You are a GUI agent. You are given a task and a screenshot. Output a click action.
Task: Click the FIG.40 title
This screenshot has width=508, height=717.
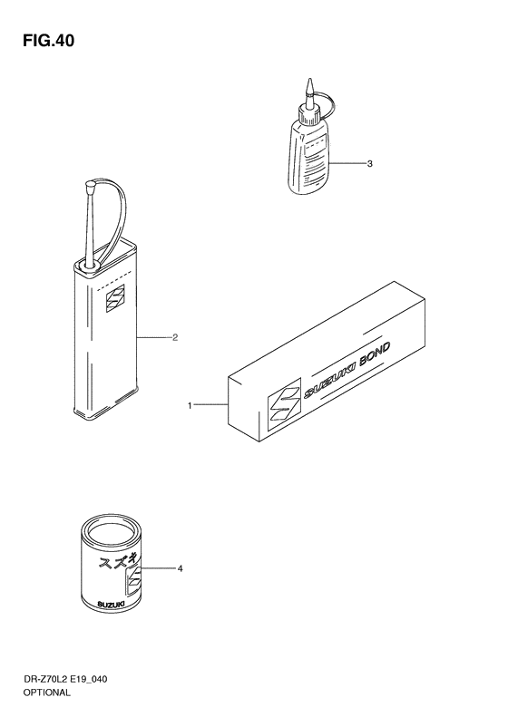[48, 41]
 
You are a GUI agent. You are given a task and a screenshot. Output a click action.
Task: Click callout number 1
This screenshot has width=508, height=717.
[190, 405]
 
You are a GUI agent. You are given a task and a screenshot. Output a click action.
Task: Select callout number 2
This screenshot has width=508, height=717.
[175, 338]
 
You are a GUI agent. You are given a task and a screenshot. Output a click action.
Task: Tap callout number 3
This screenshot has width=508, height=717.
[370, 164]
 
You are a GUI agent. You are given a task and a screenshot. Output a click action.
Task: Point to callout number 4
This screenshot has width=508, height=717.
[180, 569]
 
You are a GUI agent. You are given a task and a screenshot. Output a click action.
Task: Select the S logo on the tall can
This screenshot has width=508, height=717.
[115, 298]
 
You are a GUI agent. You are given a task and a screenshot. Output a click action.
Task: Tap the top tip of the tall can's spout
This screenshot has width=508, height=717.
[89, 184]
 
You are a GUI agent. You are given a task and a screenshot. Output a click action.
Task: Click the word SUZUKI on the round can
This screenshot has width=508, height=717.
[112, 605]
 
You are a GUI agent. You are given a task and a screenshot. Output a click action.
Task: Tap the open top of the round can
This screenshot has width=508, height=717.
[112, 531]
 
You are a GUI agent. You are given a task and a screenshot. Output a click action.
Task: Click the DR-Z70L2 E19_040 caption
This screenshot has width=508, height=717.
[65, 679]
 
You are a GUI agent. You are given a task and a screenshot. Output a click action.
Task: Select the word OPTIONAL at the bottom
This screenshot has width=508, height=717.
[47, 693]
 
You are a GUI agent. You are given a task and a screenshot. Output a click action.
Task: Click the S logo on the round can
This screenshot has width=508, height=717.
[134, 581]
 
